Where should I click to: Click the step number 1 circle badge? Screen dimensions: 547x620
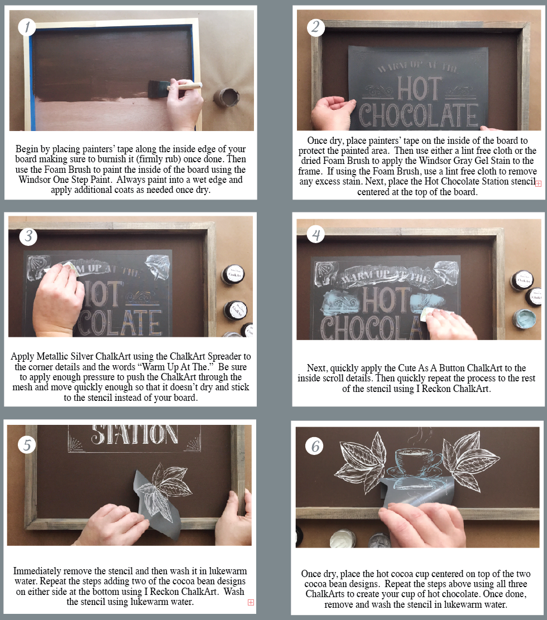coord(27,27)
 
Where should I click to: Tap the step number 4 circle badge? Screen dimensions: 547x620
coord(316,234)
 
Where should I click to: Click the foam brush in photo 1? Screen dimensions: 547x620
coord(174,88)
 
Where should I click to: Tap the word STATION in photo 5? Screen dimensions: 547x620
coord(135,434)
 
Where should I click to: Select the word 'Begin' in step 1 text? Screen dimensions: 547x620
coord(27,149)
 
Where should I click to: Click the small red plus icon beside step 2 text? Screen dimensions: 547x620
coord(538,183)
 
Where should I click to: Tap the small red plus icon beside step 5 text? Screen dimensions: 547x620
coord(251,602)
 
